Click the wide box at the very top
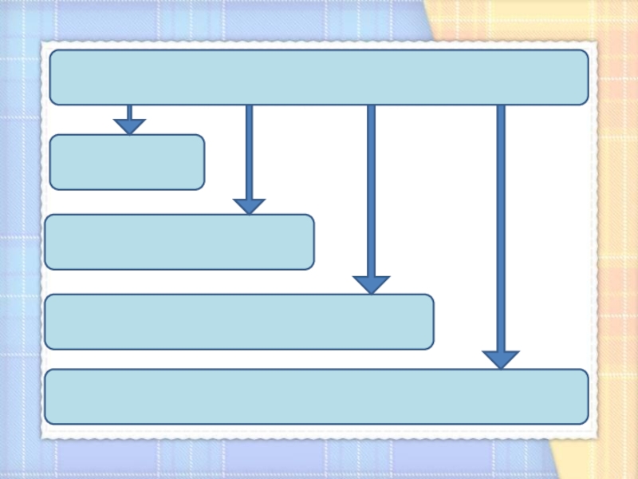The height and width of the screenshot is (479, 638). point(319,77)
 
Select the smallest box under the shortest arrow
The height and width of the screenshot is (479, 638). point(127,162)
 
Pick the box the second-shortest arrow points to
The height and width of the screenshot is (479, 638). point(179,242)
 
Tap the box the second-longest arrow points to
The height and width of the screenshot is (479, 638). point(239,322)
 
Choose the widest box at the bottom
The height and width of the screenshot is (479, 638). point(317,397)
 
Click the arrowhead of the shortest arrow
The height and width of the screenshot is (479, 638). point(129,126)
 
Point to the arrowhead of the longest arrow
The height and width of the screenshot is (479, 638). point(501,359)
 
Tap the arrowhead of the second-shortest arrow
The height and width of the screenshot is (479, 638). point(249,206)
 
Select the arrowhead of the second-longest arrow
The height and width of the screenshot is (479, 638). point(371,284)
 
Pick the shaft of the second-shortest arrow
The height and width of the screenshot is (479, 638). point(249,152)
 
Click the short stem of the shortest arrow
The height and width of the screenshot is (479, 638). point(129,112)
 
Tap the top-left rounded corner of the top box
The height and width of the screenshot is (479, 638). point(53,54)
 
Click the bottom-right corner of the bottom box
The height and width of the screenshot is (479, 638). point(585,420)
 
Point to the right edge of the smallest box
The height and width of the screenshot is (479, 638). point(204,162)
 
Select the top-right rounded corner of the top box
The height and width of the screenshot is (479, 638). point(585,54)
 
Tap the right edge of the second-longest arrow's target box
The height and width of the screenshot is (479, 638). point(433,322)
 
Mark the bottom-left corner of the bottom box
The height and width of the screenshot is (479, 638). point(49,420)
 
